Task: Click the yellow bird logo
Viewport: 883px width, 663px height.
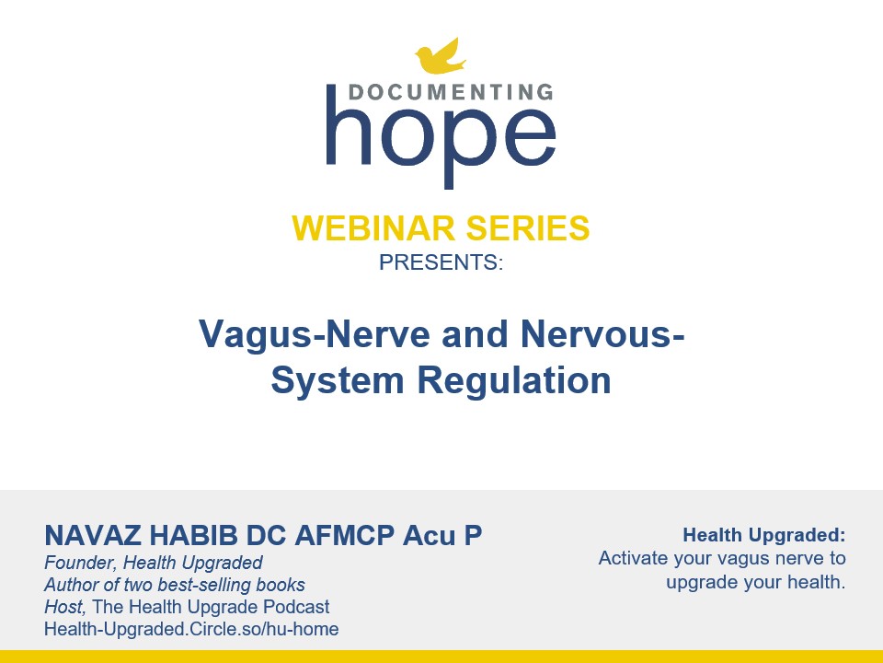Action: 440,56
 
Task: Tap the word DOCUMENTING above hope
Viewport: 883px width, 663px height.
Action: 451,92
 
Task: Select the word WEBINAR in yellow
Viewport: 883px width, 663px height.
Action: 373,227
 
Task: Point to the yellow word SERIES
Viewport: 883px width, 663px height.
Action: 528,227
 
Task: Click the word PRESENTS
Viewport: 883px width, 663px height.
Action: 441,262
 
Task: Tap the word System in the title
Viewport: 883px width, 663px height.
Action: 338,380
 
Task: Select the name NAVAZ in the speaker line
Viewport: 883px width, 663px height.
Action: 92,536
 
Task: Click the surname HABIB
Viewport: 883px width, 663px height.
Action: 193,536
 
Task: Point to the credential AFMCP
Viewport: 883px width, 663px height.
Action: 344,536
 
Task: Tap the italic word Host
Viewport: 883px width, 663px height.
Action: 64,607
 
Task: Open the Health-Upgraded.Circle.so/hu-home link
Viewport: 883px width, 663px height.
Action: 191,629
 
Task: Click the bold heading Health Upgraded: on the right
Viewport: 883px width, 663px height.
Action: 764,535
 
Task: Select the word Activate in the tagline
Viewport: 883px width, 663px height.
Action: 634,558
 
